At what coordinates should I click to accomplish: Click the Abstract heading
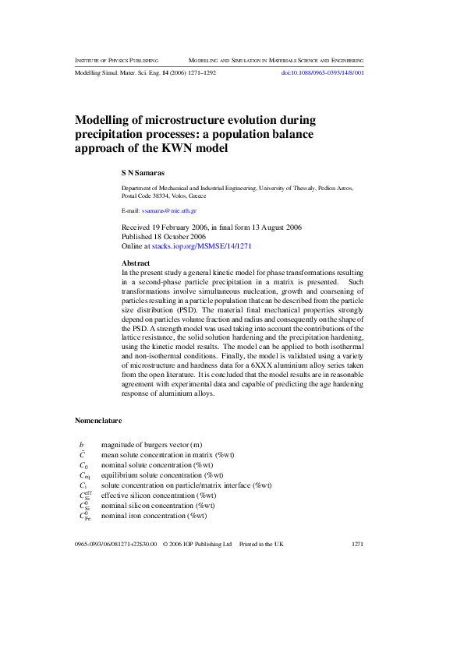136,263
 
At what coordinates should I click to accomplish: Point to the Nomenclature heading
98,421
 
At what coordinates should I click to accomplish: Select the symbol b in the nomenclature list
82,444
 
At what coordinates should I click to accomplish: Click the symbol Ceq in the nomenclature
85,474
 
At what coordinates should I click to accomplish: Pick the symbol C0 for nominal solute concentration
84,464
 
